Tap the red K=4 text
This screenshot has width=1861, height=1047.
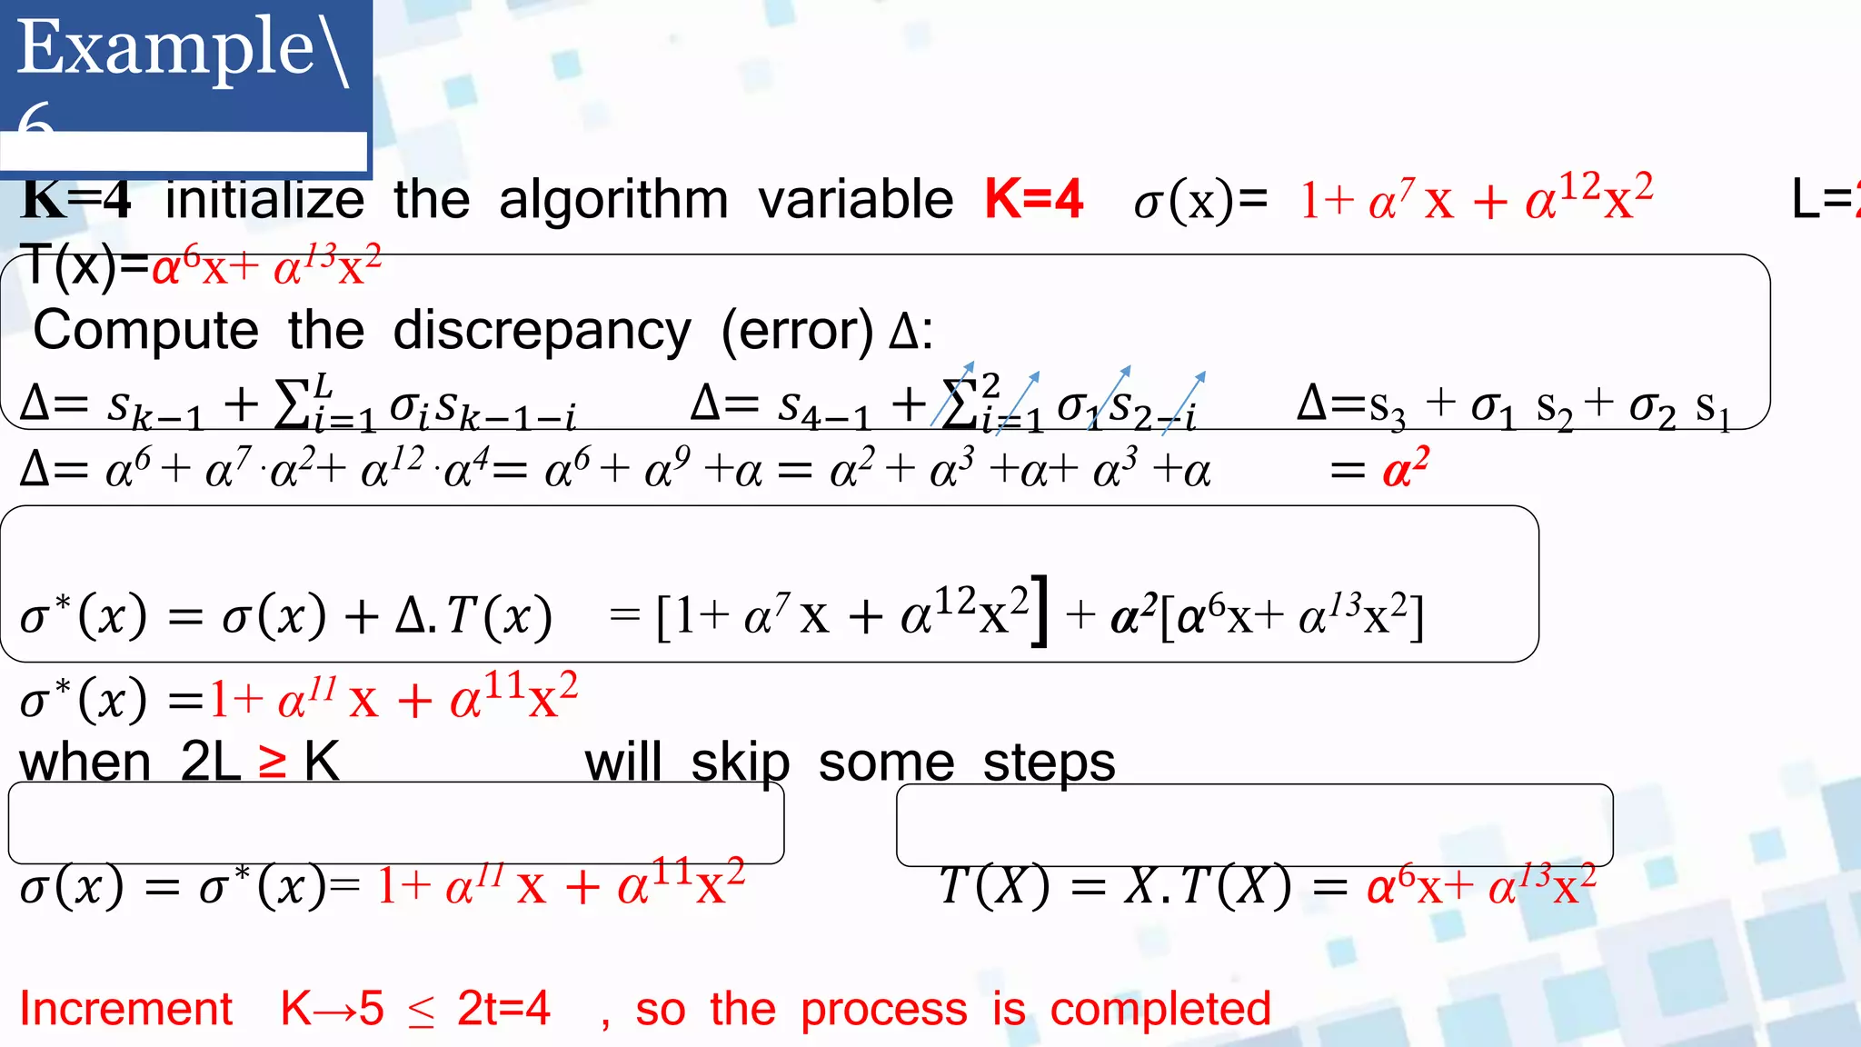[1034, 199]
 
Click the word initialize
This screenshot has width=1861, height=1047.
[264, 200]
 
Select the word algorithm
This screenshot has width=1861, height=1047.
[613, 200]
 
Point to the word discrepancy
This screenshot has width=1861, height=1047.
[542, 331]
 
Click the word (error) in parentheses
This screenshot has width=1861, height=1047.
[797, 331]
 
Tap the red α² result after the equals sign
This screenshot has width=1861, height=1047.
[1405, 468]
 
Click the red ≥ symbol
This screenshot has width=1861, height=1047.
[273, 762]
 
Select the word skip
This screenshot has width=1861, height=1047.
[740, 762]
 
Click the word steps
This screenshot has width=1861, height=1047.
[1049, 762]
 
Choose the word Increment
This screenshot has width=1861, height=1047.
[126, 1009]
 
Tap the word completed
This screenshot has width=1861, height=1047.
[1160, 1009]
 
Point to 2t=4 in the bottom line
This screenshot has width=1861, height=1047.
[503, 1009]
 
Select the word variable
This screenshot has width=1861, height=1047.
[855, 200]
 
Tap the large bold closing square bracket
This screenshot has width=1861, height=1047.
[1040, 611]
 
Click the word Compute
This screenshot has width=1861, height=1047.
[146, 331]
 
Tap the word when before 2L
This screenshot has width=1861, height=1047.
[85, 762]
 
